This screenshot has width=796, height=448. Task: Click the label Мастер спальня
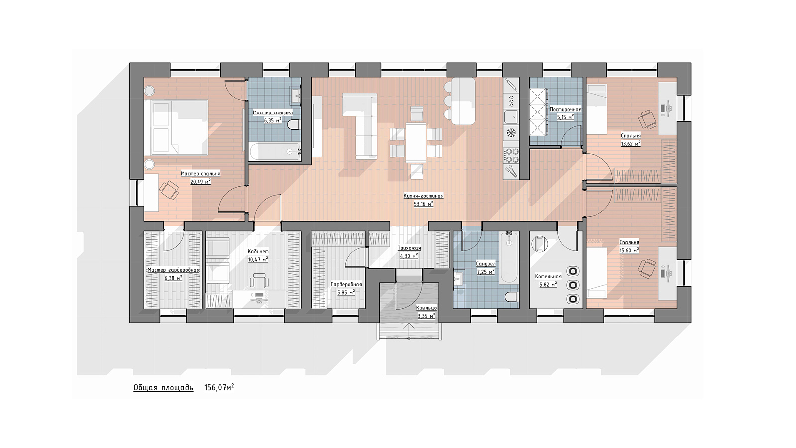coord(200,174)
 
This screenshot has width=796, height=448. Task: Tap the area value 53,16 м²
coord(423,204)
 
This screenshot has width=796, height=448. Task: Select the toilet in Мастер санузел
coord(293,125)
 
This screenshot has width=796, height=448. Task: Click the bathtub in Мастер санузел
coord(275,151)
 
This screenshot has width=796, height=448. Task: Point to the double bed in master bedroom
coord(179,127)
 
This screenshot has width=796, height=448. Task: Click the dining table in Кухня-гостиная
coord(416,142)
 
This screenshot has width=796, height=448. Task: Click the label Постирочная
coord(565,109)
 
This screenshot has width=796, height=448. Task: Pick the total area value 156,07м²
coord(219,387)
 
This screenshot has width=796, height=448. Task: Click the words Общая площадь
coord(164,388)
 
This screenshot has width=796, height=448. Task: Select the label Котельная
coord(548,277)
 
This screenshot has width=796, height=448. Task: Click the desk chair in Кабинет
coord(259,280)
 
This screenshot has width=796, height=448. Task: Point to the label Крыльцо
coord(427,308)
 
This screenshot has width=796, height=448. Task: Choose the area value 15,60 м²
coord(629,250)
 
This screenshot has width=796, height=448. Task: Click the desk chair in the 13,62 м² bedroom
coord(647,119)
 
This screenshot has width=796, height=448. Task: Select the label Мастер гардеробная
coord(174,270)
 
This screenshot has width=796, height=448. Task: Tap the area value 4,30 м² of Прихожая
coord(409,256)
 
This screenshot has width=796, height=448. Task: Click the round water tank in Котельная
coord(539,244)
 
